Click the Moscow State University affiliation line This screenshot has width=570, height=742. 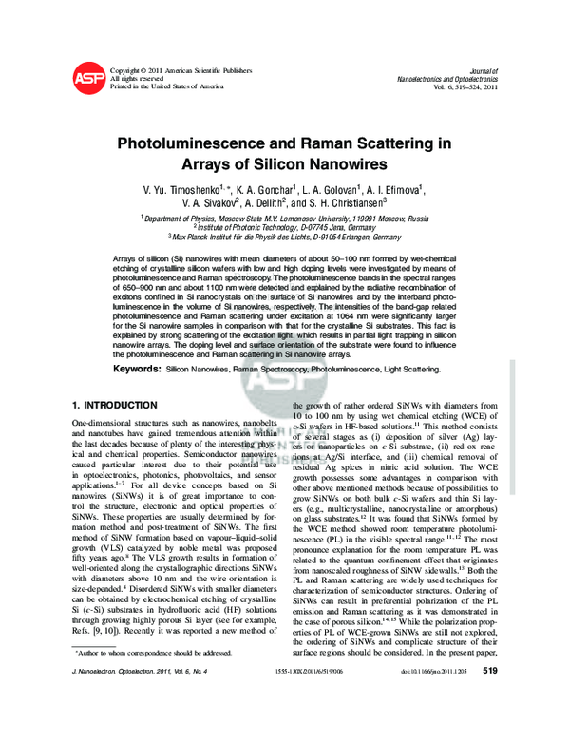pos(284,218)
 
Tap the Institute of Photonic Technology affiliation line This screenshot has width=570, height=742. pos(284,227)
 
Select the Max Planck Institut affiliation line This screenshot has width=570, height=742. pos(284,237)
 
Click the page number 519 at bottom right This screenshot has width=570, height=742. pos(490,723)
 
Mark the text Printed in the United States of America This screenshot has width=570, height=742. pos(167,86)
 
